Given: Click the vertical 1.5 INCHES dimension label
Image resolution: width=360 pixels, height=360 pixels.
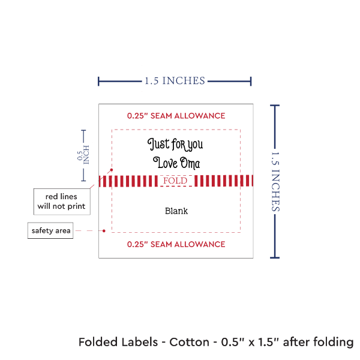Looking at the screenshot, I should point(277,181).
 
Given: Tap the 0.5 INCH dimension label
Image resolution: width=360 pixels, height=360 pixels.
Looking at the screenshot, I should point(83,155).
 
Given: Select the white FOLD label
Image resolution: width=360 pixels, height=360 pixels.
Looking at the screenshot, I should point(175,181).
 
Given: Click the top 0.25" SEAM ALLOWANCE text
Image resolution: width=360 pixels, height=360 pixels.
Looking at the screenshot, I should point(176,115).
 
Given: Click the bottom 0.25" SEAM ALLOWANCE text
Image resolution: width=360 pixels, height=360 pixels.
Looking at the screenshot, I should point(176,244).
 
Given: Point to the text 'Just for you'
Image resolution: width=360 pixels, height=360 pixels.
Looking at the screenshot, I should point(175,144).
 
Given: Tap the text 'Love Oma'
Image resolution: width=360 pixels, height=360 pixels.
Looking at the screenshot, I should point(176,162).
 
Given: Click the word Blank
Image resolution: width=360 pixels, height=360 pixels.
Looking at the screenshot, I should point(176,211).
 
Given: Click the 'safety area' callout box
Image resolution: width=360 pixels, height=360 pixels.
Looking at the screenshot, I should point(51,230).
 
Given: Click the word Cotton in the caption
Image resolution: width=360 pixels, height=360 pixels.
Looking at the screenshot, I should point(190,343).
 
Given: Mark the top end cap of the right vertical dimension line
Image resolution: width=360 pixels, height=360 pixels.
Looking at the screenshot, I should point(275,106).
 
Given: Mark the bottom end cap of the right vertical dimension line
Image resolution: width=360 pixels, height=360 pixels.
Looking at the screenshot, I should point(275,257).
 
